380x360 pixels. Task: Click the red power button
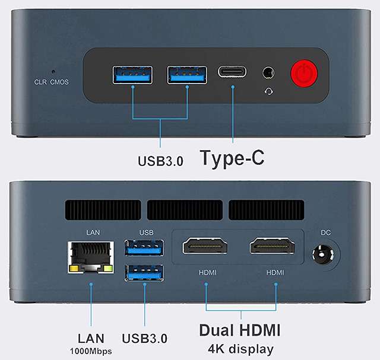tap(304, 74)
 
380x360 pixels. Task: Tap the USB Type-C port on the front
tap(232, 72)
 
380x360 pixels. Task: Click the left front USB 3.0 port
tap(132, 75)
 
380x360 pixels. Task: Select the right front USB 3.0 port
tap(187, 75)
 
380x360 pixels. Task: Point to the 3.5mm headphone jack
tap(268, 72)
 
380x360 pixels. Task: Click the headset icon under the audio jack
tap(268, 91)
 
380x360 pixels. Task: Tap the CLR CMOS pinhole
tap(53, 72)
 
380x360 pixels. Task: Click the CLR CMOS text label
tap(52, 82)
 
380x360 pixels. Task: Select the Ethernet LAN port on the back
tap(91, 257)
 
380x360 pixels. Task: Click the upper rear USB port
tap(144, 247)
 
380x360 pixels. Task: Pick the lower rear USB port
tap(144, 273)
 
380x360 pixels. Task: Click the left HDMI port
tap(205, 246)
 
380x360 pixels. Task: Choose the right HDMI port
tap(272, 246)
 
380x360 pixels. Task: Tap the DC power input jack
tap(322, 255)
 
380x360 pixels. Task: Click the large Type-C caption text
tap(232, 158)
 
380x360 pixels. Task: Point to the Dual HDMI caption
tap(240, 330)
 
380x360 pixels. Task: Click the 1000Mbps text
tap(91, 351)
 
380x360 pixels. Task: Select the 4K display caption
tap(240, 349)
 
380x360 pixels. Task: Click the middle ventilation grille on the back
tap(185, 210)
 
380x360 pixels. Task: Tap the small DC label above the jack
tap(325, 232)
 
